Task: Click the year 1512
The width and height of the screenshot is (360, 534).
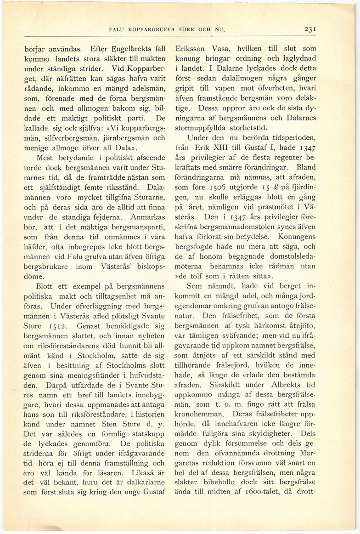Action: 59,326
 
